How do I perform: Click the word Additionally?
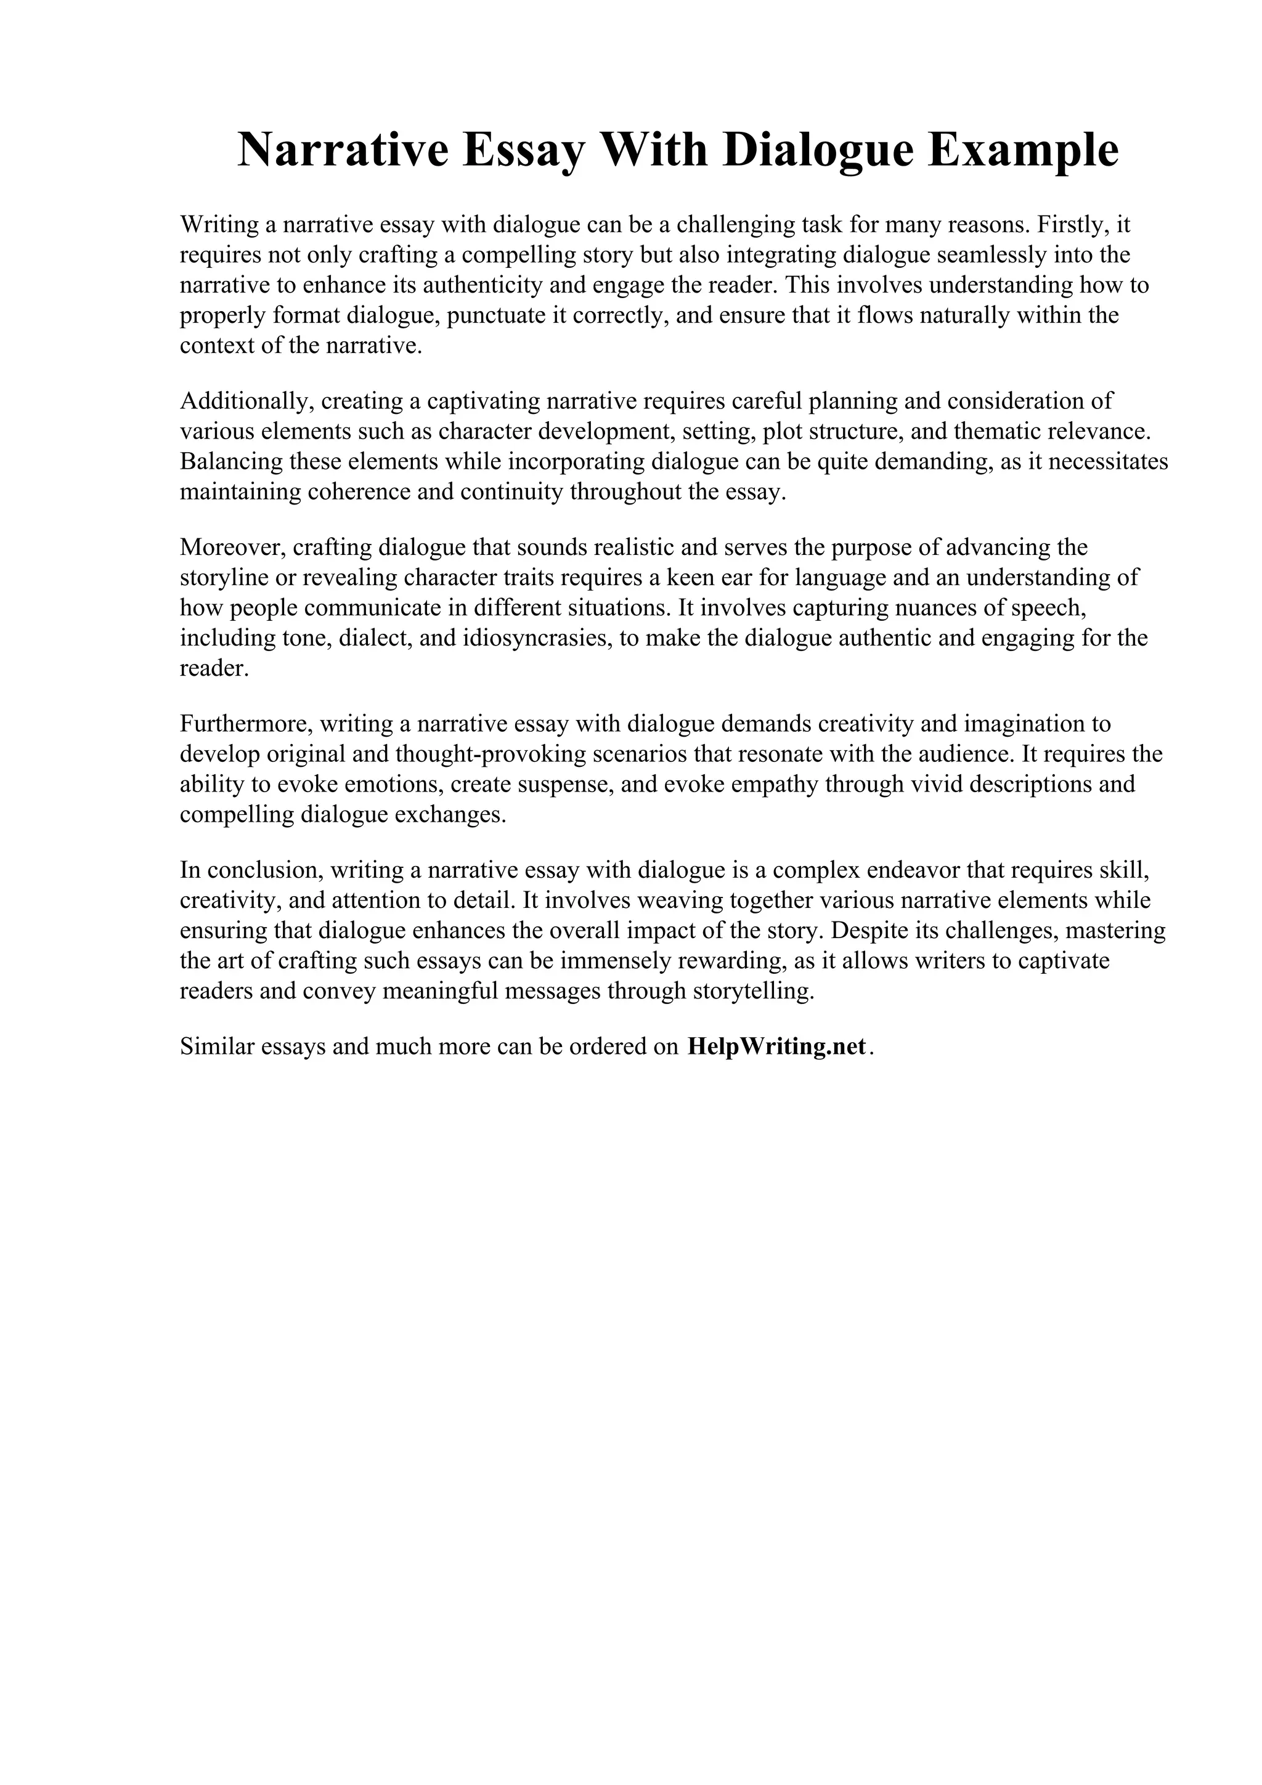[246, 401]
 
